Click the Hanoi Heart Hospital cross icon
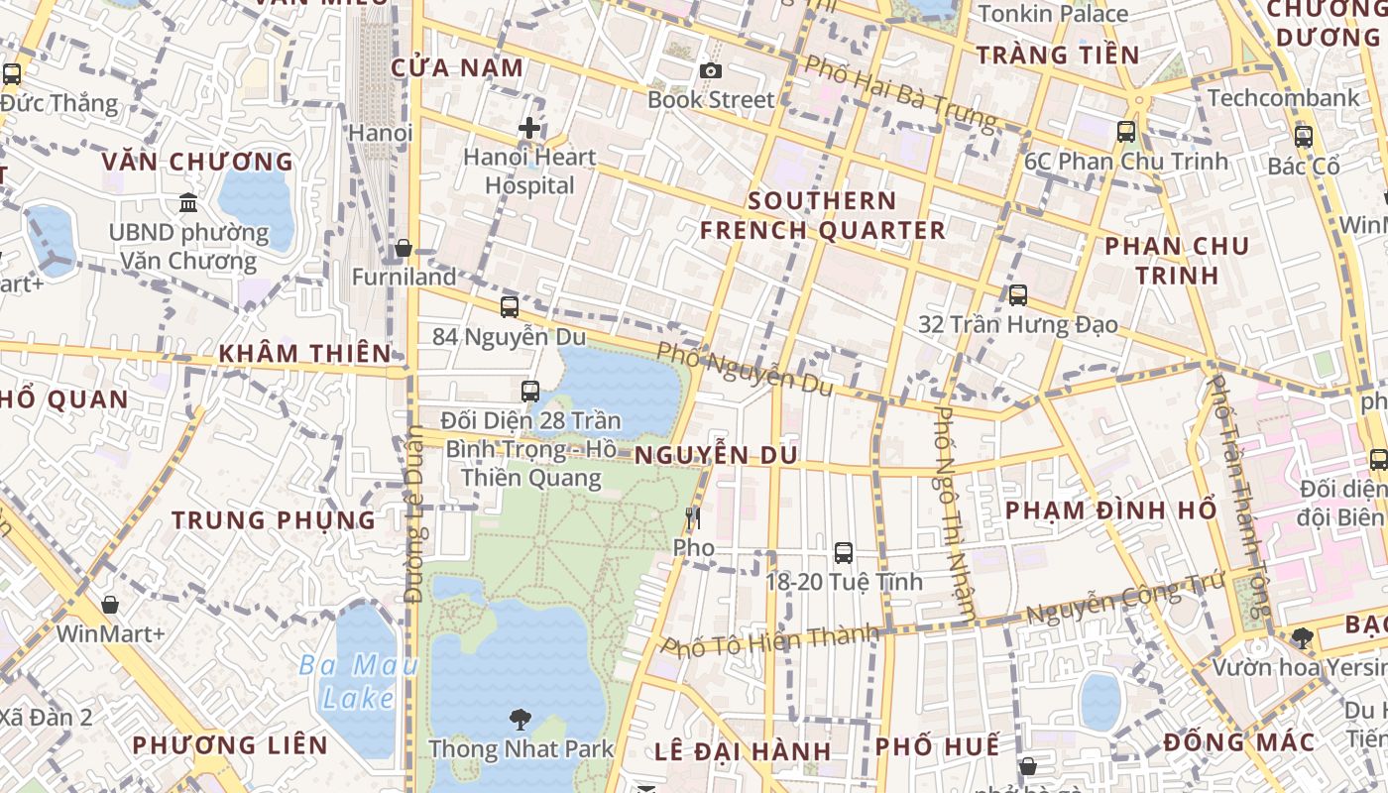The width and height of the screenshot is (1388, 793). point(529,128)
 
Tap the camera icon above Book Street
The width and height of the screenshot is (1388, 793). point(710,70)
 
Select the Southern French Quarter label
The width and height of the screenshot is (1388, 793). point(822,215)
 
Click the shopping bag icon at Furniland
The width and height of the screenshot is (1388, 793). point(404,248)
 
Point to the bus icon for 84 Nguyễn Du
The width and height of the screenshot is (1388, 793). point(510,307)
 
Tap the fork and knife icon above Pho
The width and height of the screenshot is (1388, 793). point(693,518)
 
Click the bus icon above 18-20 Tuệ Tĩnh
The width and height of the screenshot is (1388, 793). point(843,553)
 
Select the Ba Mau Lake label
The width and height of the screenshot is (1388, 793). point(358,681)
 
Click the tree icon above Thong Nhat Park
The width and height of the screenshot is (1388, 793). point(520,720)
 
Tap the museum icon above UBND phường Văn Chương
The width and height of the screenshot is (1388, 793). point(188,203)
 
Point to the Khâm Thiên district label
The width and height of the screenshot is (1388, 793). point(304,353)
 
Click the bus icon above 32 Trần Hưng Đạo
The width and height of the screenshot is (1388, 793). point(1017,295)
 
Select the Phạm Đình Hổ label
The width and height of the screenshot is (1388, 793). point(1110,510)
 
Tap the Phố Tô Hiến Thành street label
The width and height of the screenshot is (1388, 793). point(770,640)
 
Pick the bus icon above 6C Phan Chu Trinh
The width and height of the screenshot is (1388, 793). point(1125,132)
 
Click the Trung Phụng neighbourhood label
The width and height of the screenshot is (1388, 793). point(274,520)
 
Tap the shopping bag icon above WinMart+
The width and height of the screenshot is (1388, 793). point(110,605)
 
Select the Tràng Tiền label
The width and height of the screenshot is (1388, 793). point(1058,55)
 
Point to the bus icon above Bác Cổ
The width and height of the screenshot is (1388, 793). point(1303,137)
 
